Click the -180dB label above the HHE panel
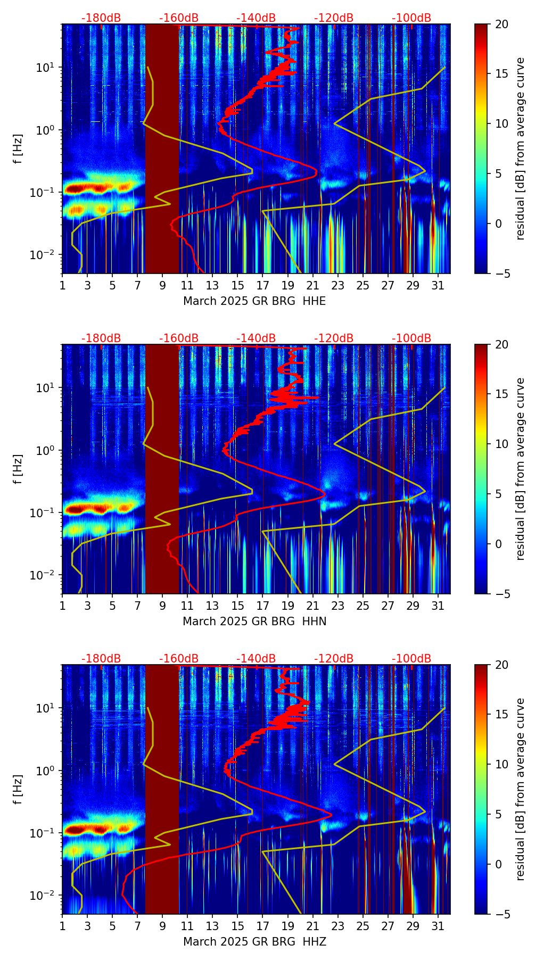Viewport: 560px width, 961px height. point(101,18)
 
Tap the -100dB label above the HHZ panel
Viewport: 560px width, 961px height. point(411,659)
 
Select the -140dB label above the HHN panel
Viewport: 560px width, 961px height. point(256,338)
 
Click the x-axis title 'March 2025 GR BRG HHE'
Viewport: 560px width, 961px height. point(254,301)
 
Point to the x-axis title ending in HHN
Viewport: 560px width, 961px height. point(254,622)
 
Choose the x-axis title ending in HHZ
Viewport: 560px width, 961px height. point(254,942)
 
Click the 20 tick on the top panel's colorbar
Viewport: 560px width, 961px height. point(501,24)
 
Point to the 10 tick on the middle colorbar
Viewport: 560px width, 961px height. point(501,444)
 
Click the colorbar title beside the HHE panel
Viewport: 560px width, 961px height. point(521,148)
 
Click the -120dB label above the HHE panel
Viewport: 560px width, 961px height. point(334,18)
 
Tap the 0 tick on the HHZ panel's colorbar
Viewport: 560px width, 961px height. point(499,865)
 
